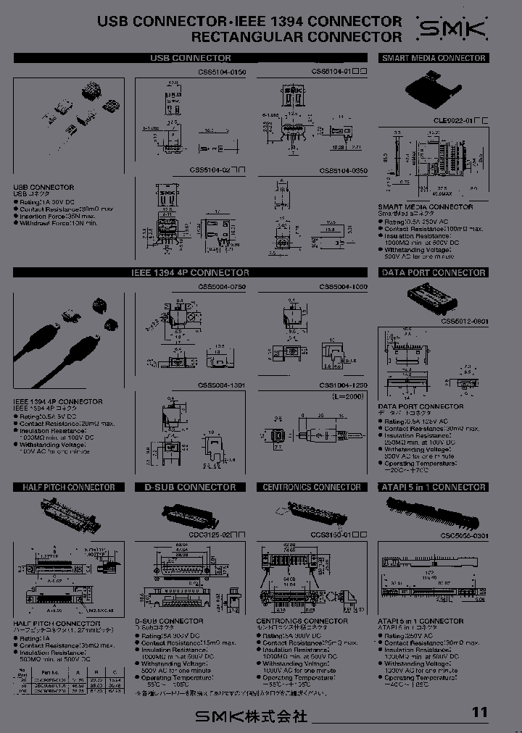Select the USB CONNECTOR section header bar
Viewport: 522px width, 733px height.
point(191,58)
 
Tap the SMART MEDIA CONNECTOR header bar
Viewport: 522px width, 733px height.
point(433,58)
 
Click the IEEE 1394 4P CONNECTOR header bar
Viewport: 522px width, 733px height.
point(191,273)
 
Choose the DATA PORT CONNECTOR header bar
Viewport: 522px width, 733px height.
point(433,273)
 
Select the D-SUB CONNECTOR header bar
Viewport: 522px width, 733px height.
point(191,487)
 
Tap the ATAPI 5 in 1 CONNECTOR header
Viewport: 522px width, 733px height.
point(433,487)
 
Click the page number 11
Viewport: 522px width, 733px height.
point(480,712)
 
